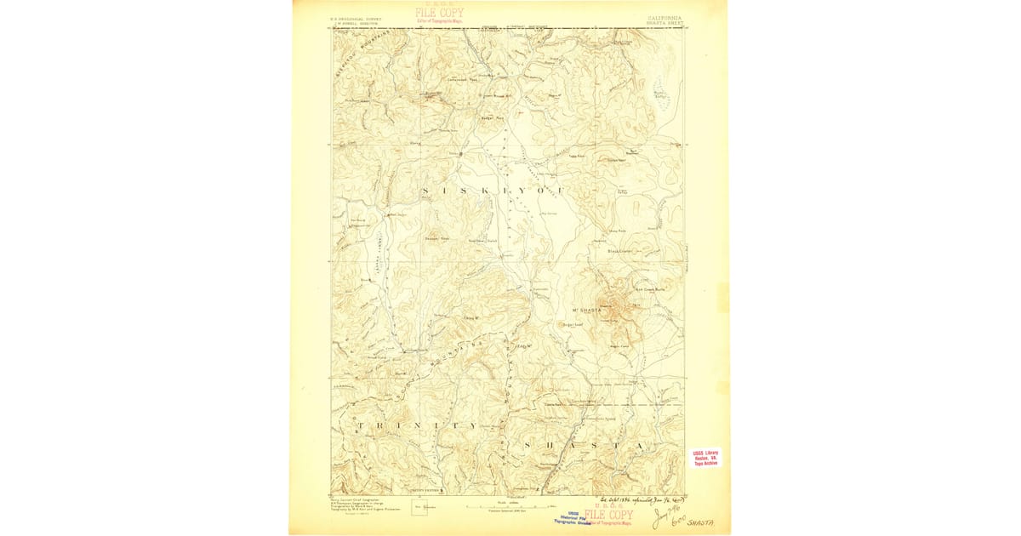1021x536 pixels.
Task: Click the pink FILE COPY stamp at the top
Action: click(439, 13)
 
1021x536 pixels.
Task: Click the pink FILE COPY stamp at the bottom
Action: click(608, 516)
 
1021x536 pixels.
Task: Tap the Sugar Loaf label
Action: click(570, 323)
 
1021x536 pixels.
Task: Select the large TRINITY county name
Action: click(417, 425)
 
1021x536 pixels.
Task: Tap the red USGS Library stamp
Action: click(705, 458)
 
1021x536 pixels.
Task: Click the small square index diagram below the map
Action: click(419, 508)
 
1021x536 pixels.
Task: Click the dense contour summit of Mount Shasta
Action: click(611, 305)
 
